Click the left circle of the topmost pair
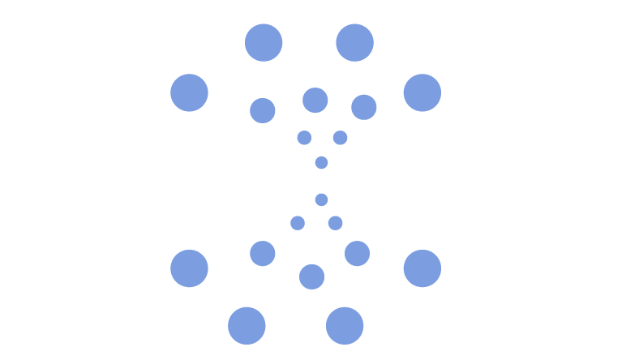264,43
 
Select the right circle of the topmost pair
354,43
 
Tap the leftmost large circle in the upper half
189,92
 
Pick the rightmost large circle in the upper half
422,92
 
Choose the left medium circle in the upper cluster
263,110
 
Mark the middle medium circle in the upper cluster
315,101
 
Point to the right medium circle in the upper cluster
363,107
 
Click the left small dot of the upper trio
304,138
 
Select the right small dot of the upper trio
340,138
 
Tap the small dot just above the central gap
321,163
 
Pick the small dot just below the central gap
321,199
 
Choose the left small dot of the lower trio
298,223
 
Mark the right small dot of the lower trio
335,223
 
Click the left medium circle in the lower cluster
263,254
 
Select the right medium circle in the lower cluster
357,254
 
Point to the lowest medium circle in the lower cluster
311,276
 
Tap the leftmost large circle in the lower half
189,268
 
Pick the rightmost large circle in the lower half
422,268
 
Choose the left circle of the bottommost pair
247,326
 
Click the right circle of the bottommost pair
345,326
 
